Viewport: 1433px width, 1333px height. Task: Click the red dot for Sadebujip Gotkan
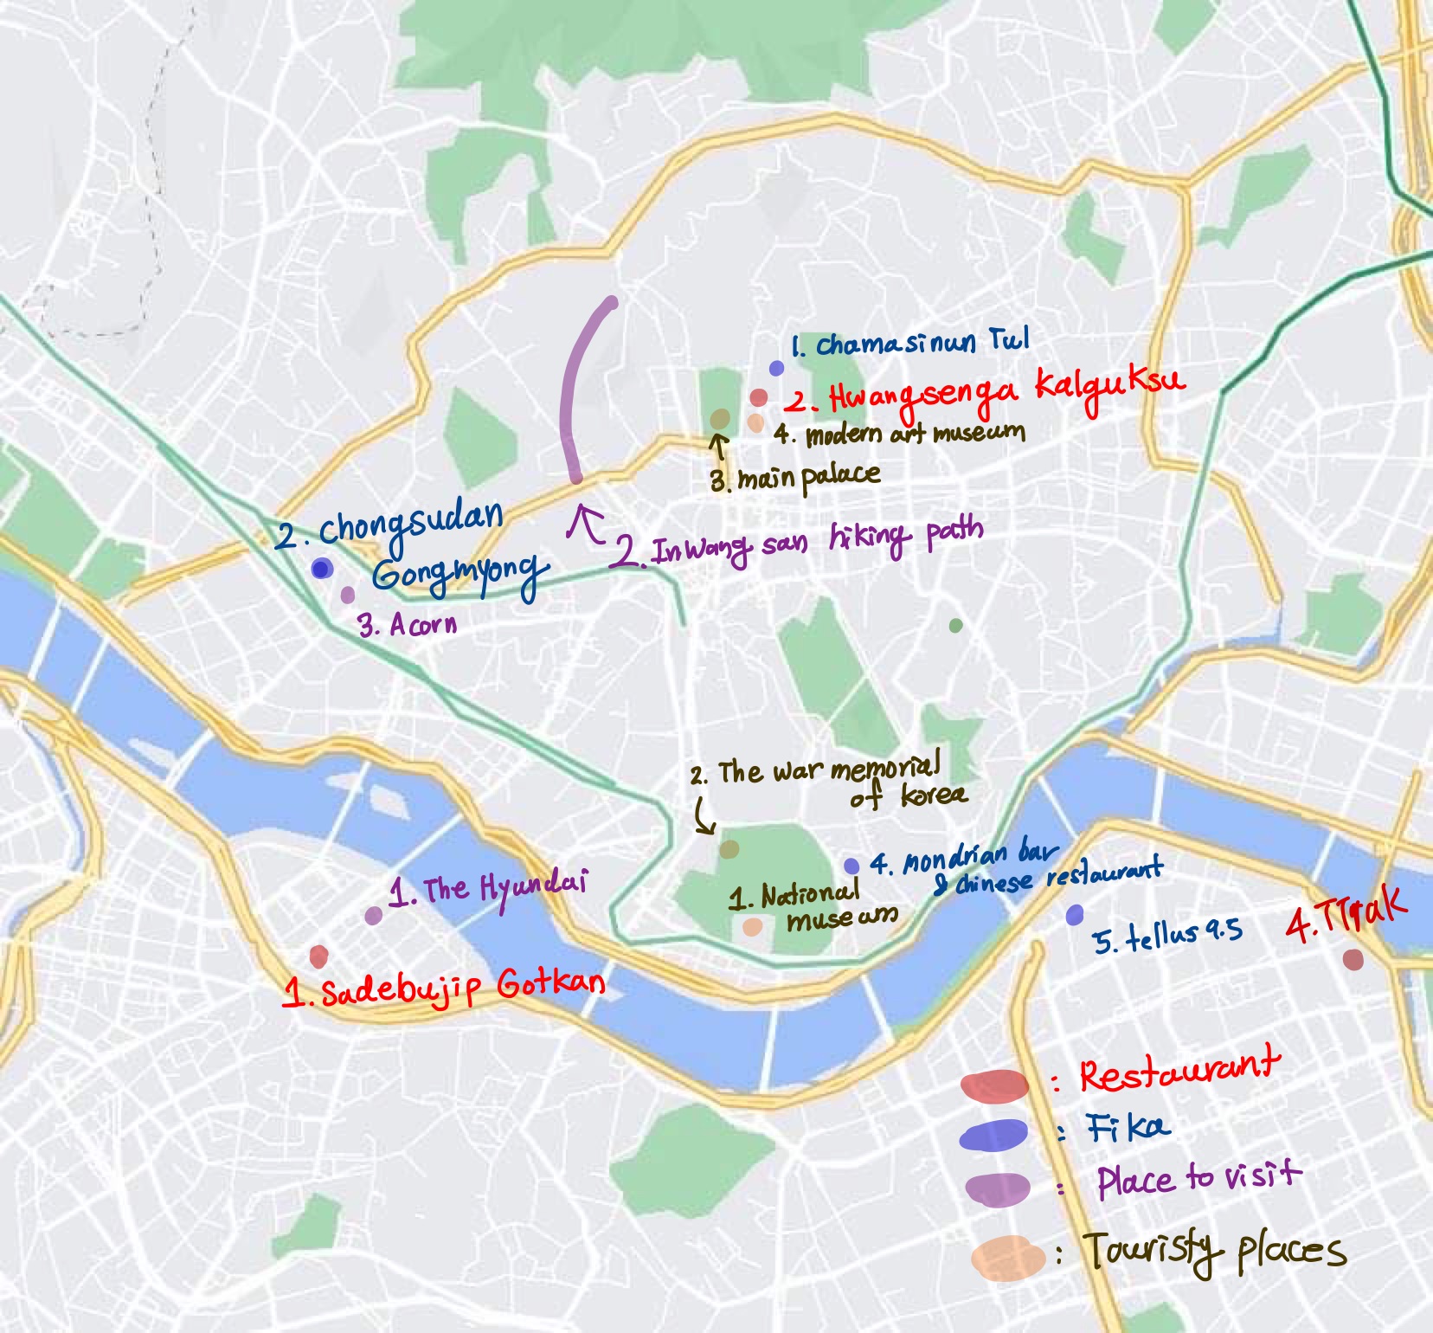pos(318,956)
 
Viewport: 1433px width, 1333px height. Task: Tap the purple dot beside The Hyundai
pos(373,916)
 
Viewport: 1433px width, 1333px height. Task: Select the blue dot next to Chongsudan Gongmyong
pos(322,569)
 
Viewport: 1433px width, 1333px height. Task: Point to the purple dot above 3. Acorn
pos(347,595)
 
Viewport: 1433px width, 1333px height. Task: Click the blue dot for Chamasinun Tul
pos(776,368)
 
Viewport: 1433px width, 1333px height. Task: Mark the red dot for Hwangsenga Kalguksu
pos(758,397)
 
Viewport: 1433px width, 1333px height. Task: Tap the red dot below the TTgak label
pos(1353,959)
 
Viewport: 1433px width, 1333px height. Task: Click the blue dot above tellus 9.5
pos(1074,914)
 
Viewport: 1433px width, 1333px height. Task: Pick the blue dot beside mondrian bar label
pos(851,866)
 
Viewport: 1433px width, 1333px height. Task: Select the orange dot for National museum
pos(752,927)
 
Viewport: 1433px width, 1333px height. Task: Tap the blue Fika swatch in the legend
pos(993,1135)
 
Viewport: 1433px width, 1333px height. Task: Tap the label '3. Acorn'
pos(408,624)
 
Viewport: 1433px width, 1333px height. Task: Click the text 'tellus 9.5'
pos(1166,936)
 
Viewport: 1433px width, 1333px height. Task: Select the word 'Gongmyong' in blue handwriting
pos(460,575)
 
